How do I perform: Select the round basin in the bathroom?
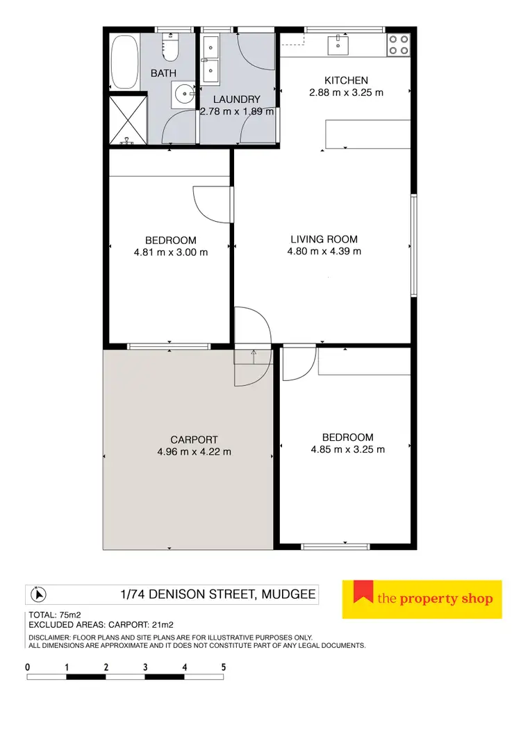pyautogui.click(x=184, y=94)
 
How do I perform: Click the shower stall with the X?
pyautogui.click(x=129, y=120)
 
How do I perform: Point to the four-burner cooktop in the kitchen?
pyautogui.click(x=398, y=44)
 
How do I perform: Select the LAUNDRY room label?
pyautogui.click(x=237, y=99)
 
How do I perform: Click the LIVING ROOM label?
pyautogui.click(x=324, y=239)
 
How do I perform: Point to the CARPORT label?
pyautogui.click(x=194, y=439)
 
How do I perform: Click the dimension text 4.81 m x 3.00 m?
pyautogui.click(x=170, y=252)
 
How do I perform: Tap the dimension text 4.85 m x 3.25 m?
pyautogui.click(x=347, y=449)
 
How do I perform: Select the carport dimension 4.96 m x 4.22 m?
pyautogui.click(x=194, y=451)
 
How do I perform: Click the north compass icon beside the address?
pyautogui.click(x=39, y=595)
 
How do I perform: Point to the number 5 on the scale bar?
pyautogui.click(x=224, y=667)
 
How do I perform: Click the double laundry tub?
pyautogui.click(x=210, y=59)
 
